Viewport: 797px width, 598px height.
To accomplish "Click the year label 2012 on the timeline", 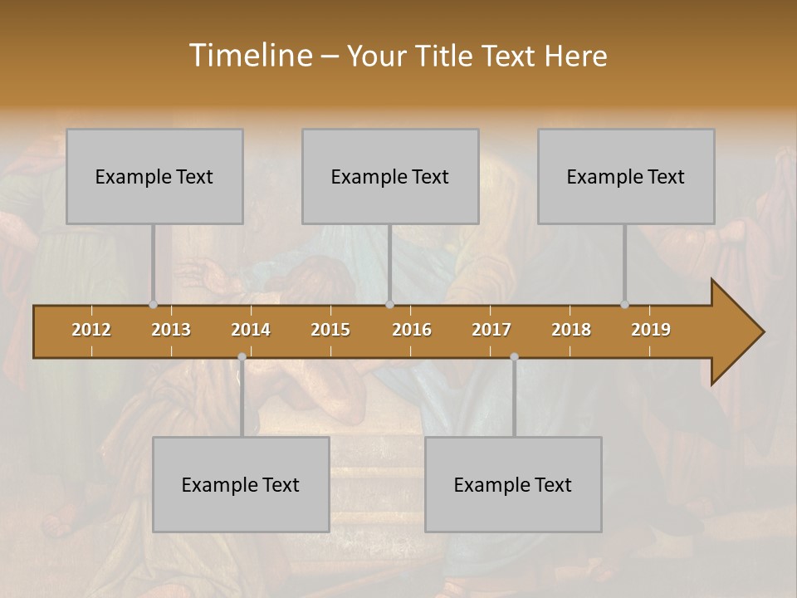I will point(91,330).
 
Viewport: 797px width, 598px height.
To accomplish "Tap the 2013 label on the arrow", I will point(171,330).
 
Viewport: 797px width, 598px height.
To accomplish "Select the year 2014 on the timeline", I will point(251,330).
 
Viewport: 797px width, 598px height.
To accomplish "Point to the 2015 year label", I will point(330,330).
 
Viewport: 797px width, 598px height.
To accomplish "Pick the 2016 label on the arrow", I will point(412,330).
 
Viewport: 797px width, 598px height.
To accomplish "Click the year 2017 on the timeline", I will point(491,330).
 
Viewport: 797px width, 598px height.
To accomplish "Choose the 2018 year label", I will point(571,330).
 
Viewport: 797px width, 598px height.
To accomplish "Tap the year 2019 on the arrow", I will point(651,330).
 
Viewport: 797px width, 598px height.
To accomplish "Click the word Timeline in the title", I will point(249,56).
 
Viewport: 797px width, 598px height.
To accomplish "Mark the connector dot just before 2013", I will point(153,305).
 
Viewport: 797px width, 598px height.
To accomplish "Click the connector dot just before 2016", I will point(389,305).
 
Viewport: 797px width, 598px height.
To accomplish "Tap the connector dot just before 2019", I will point(624,305).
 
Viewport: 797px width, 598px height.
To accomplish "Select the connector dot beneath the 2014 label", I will point(242,357).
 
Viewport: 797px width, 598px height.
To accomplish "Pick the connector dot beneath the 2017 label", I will point(514,357).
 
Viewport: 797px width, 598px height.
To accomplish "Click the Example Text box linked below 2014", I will point(241,484).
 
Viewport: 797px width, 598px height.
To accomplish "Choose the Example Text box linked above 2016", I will point(390,176).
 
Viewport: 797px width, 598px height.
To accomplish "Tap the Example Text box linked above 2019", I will point(626,176).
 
